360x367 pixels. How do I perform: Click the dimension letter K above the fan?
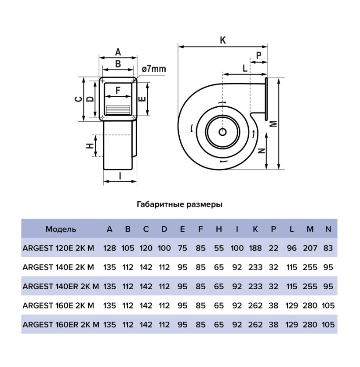coord(222,40)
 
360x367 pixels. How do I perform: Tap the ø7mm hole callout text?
coord(154,69)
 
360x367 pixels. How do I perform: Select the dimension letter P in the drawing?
coord(258,55)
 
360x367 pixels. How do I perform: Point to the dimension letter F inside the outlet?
coord(118,90)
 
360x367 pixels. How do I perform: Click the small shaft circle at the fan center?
coord(222,132)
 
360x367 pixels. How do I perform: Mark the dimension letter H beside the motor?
coord(90,146)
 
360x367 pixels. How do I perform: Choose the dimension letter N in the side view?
coord(262,151)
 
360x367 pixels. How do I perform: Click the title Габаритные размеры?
coord(179,204)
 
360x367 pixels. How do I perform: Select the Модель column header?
coord(61,229)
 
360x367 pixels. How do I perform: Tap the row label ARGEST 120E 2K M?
coord(58,248)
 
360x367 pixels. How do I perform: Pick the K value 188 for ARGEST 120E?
coord(255,248)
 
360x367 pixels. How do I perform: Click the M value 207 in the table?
coord(310,248)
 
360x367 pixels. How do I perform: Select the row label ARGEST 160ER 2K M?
coord(61,325)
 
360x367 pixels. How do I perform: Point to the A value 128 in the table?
coord(109,248)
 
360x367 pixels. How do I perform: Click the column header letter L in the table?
coord(292,229)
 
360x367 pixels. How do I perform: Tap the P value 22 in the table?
coord(273,248)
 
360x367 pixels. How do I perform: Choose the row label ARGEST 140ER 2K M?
coord(61,286)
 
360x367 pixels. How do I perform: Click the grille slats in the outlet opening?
coord(118,110)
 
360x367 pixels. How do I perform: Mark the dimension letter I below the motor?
coord(120,175)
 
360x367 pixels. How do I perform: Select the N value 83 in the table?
coord(328,248)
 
